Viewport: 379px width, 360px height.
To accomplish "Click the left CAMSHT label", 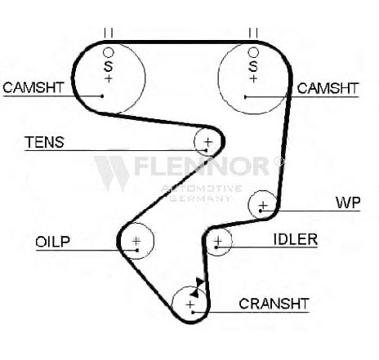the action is point(33,87).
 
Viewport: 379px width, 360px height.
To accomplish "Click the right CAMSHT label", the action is point(328,88).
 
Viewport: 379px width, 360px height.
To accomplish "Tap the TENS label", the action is point(44,142).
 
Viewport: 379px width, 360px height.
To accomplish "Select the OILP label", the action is point(53,242).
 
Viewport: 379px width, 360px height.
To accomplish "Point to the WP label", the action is point(348,202).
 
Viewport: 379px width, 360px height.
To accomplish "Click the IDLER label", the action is point(296,239).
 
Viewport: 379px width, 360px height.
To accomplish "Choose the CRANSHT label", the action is point(274,304).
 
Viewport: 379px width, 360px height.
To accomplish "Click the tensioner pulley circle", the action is point(194,141).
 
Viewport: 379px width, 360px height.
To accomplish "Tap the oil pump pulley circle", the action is point(154,241).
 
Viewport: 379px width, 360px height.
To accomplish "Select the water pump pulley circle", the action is point(249,205).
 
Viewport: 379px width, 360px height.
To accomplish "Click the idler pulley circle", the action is point(232,241).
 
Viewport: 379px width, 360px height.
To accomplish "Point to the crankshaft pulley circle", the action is point(173,304).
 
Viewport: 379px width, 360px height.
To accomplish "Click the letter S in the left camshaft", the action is point(108,66).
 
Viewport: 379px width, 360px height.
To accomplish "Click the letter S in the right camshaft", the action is point(253,66).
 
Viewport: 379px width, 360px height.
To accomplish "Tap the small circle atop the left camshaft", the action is point(108,48).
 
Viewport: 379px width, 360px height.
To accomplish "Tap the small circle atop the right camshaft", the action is point(253,48).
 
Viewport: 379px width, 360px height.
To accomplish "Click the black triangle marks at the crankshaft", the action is point(198,287).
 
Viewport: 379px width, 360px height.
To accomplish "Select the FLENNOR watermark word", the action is point(202,166).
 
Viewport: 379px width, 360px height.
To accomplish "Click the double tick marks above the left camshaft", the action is point(108,33).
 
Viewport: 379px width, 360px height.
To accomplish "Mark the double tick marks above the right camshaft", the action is point(253,33).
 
